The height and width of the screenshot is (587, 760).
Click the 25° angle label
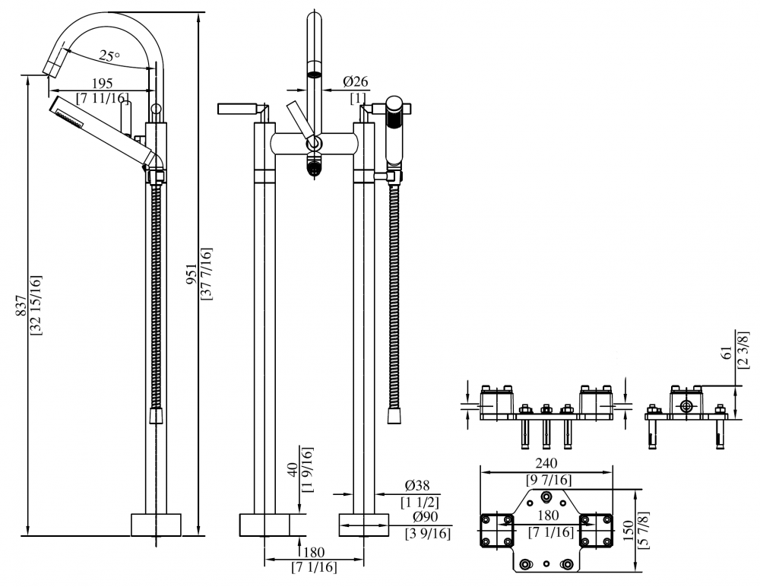pos(109,56)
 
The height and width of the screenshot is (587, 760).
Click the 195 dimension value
pos(102,83)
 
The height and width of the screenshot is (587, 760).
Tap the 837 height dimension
pos(21,306)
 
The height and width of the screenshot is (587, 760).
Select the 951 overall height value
pos(192,274)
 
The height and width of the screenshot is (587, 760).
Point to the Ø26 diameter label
pos(356,81)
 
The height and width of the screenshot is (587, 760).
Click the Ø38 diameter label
pos(416,486)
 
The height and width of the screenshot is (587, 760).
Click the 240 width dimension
pos(546,463)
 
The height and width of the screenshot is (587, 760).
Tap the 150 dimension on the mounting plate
pos(629,531)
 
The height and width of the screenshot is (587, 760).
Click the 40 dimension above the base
pos(293,470)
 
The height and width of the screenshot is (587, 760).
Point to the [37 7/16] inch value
pos(206,274)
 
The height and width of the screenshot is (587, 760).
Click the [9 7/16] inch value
pos(549,481)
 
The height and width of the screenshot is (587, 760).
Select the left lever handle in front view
pos(239,109)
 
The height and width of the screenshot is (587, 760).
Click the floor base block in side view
pos(156,525)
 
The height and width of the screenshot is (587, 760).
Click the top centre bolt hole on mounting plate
pos(546,497)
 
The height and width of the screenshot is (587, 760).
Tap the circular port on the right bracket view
pos(686,405)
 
